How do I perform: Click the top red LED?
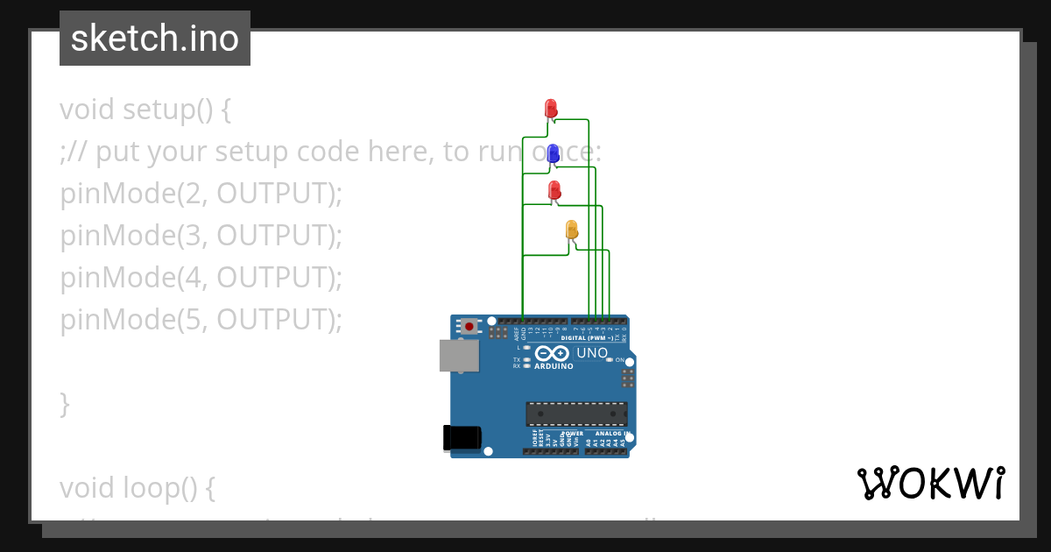pos(551,108)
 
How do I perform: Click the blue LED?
pos(554,154)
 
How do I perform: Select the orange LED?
pos(572,230)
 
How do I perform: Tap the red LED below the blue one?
pos(554,190)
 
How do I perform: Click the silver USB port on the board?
pos(459,356)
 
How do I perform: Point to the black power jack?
pos(462,436)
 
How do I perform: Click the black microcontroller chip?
pos(576,414)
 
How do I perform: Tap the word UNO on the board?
pos(592,353)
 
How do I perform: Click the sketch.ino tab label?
pos(155,39)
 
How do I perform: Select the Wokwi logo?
pos(931,483)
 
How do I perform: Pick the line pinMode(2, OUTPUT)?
pos(201,194)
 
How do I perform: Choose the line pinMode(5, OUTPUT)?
pos(201,320)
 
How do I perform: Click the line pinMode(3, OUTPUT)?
pos(201,236)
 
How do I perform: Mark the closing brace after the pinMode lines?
pos(65,404)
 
